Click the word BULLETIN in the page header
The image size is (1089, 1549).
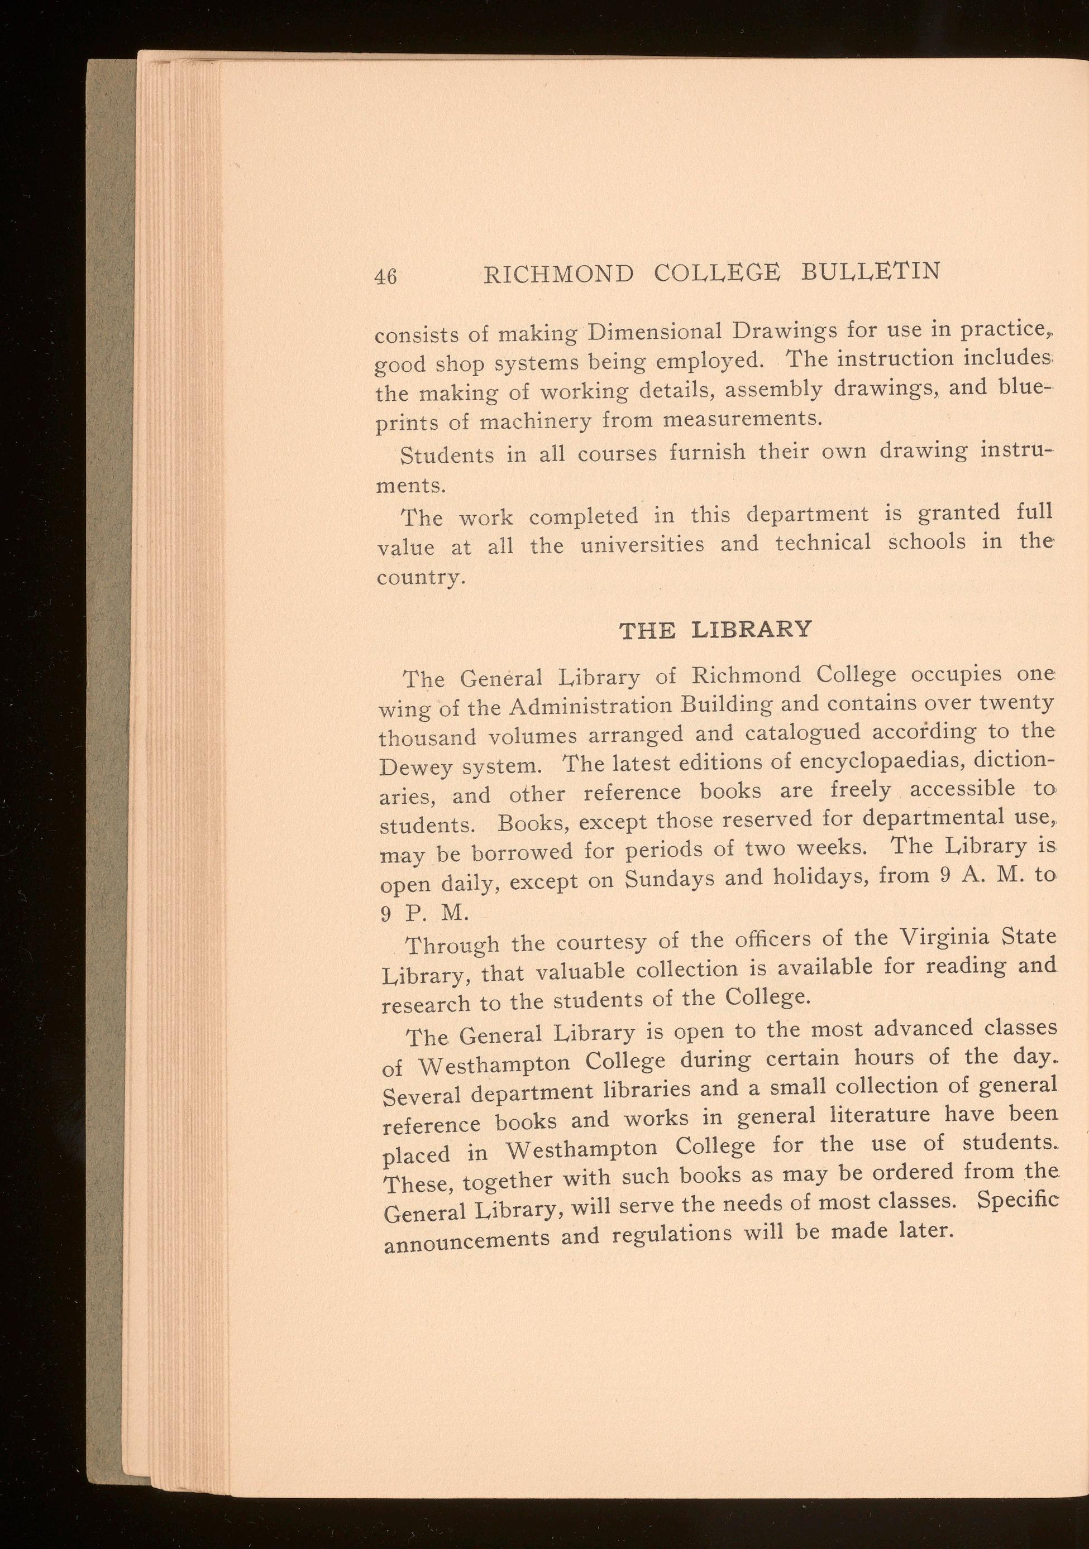tap(870, 271)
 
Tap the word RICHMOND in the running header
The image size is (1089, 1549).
tap(560, 274)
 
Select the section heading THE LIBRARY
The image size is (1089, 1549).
tap(715, 630)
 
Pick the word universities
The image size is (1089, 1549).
tap(641, 544)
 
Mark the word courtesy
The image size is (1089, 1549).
tap(582, 942)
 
